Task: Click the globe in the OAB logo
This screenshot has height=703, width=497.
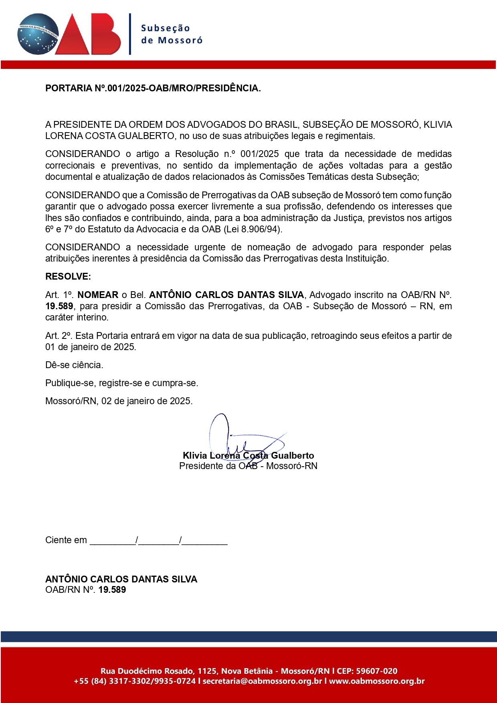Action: click(x=38, y=34)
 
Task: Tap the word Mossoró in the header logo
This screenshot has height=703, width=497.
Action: click(x=180, y=40)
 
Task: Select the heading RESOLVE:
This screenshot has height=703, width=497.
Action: click(x=68, y=276)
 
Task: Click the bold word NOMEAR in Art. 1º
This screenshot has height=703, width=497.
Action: click(x=98, y=295)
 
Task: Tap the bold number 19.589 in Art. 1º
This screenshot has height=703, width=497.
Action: click(x=59, y=306)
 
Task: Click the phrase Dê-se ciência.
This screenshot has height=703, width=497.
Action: click(x=74, y=365)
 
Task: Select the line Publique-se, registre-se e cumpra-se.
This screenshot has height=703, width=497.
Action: click(x=121, y=383)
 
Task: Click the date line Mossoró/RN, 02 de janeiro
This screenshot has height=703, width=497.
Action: click(x=119, y=401)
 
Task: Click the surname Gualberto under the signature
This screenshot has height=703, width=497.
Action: click(x=293, y=455)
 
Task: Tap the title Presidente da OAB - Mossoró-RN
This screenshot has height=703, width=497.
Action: click(x=248, y=466)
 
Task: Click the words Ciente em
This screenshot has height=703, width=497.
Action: click(x=66, y=540)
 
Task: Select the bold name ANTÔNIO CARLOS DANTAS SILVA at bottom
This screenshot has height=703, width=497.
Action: click(x=121, y=579)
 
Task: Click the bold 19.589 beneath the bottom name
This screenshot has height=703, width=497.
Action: click(x=112, y=590)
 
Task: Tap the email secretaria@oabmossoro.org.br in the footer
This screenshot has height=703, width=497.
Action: click(x=262, y=681)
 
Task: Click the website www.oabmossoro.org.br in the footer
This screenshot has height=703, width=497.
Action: click(x=377, y=681)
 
